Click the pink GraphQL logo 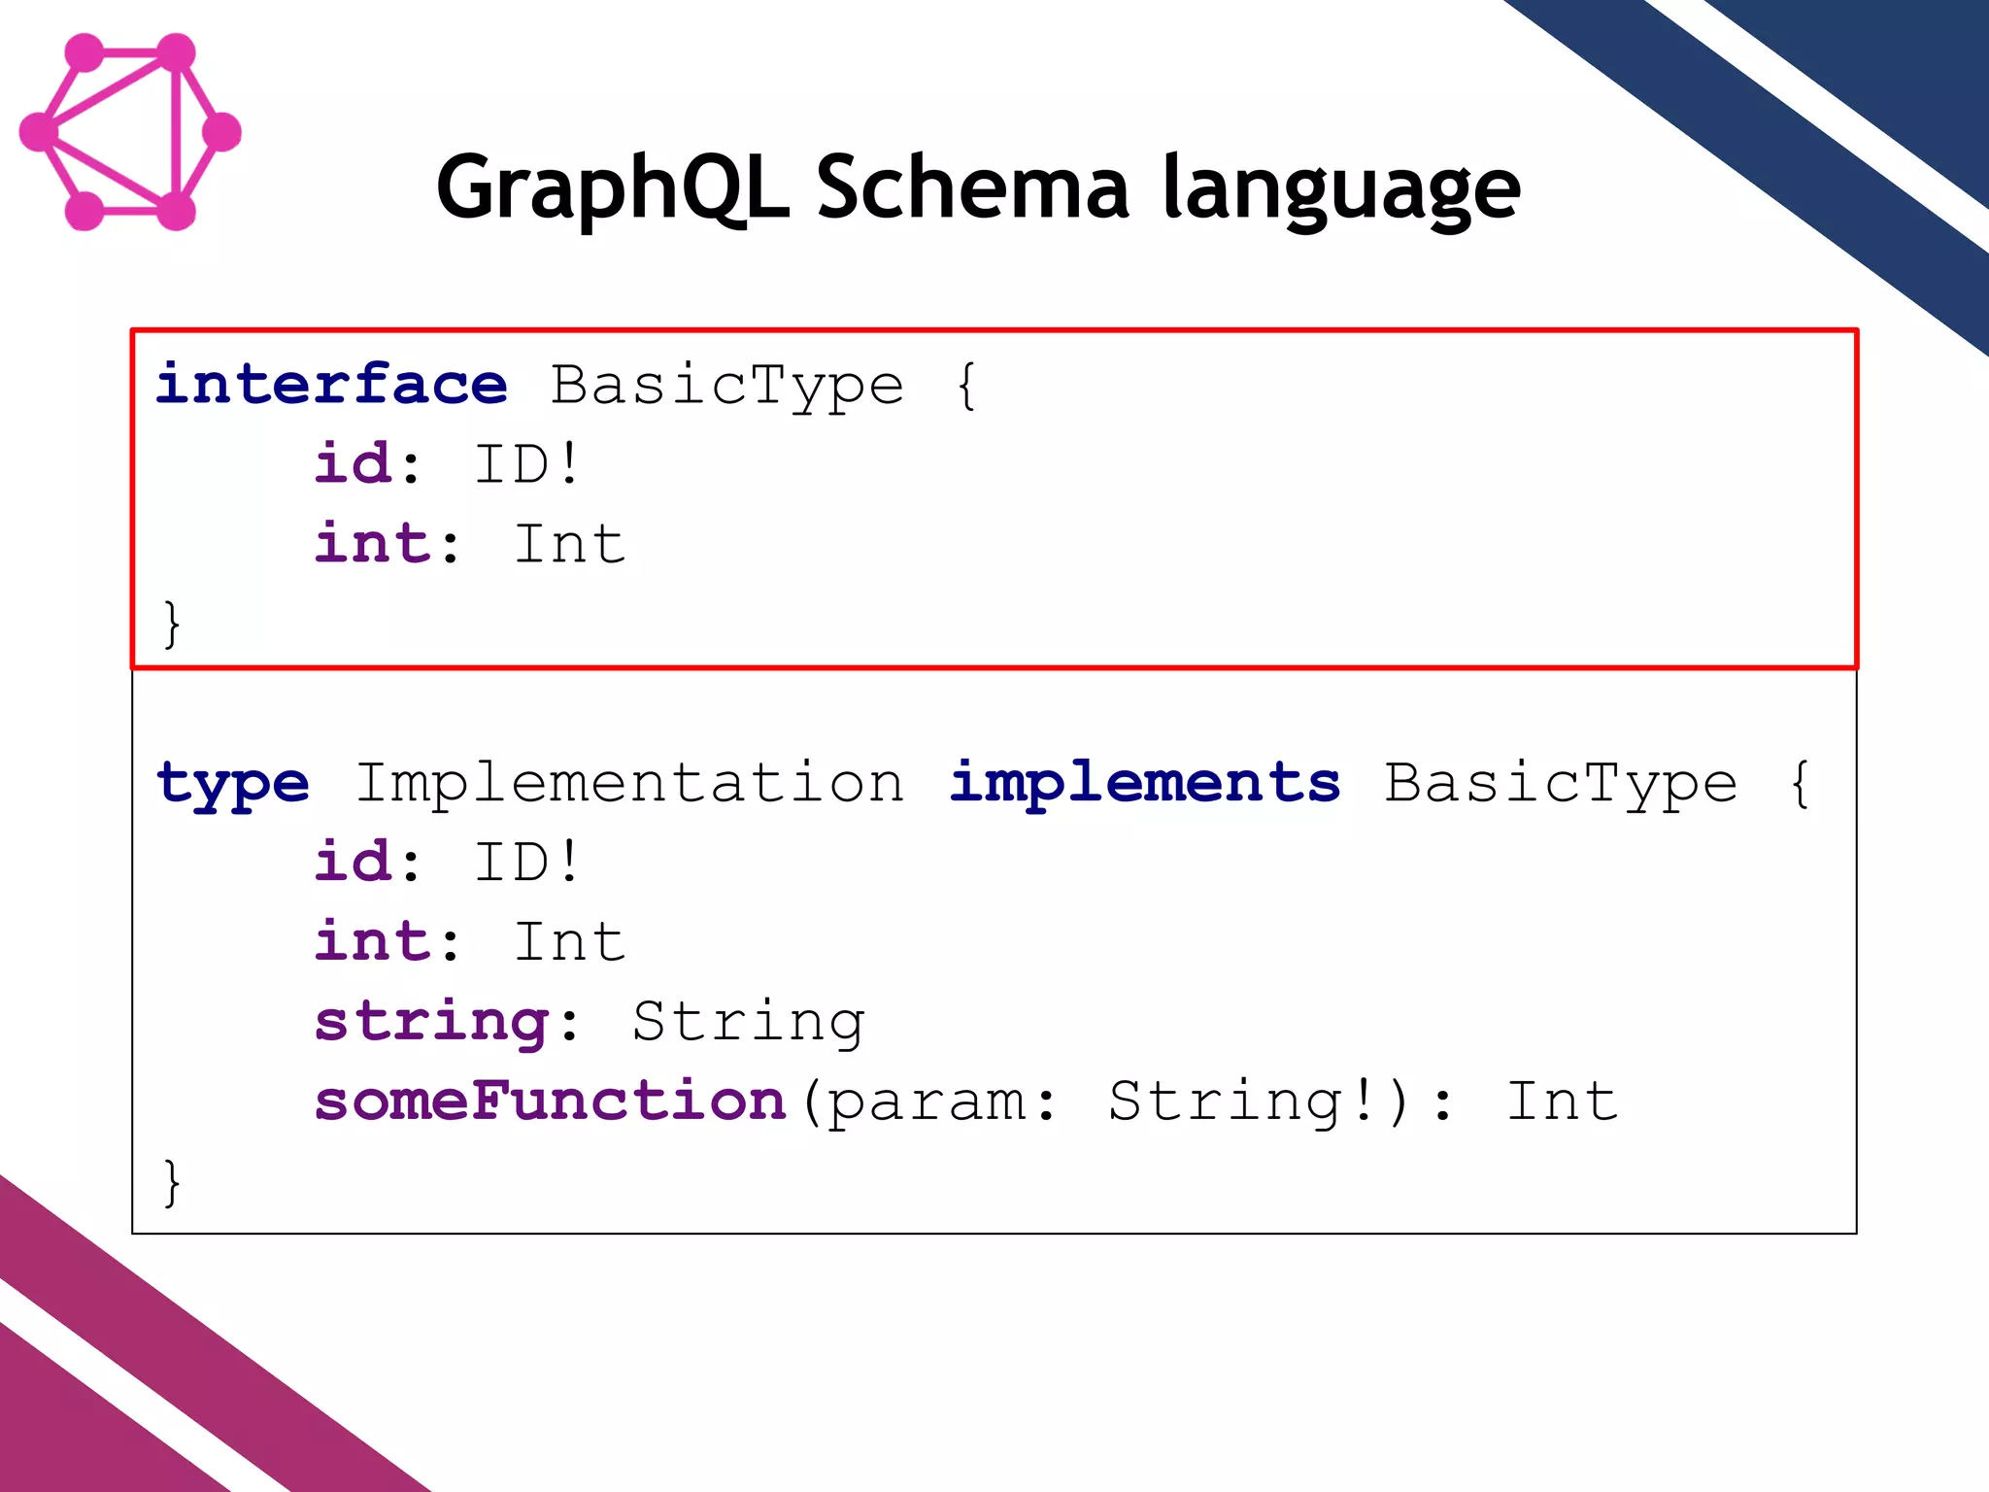(x=130, y=132)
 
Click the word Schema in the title (x=972, y=187)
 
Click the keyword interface (x=331, y=384)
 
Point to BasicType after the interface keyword (x=727, y=386)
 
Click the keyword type (x=233, y=784)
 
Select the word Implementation (x=629, y=782)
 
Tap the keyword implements (x=1144, y=784)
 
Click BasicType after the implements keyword (x=1560, y=784)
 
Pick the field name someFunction (x=550, y=1101)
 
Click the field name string (x=432, y=1023)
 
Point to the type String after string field (x=748, y=1023)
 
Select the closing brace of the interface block (x=172, y=624)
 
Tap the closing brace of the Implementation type (x=172, y=1182)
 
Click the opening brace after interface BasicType (x=966, y=386)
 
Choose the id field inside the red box (x=354, y=463)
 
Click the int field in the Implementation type (x=372, y=941)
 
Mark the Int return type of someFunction (x=1562, y=1101)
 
